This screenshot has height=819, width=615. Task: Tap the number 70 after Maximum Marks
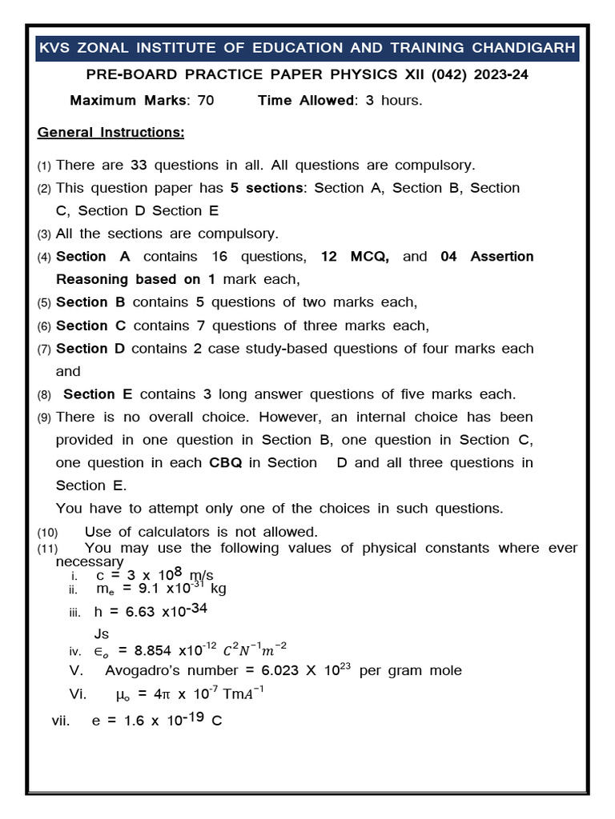[205, 101]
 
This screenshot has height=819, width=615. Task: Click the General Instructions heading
[111, 132]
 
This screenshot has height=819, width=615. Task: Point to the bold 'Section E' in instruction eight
[99, 394]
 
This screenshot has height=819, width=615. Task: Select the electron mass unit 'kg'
[219, 589]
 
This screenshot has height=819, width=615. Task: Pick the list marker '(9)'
[44, 417]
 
